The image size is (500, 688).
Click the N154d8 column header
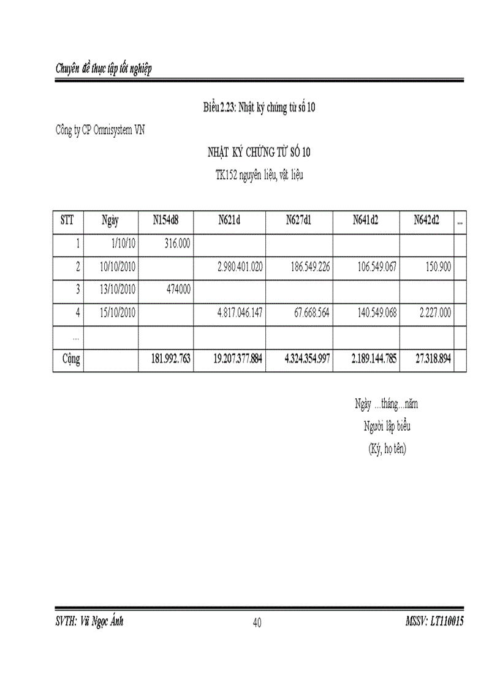[x=165, y=221]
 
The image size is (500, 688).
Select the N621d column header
[x=229, y=221]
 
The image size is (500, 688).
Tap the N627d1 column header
[x=299, y=221]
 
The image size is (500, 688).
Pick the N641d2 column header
[x=365, y=221]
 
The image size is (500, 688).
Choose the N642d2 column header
[x=426, y=221]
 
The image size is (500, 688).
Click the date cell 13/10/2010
[x=116, y=290]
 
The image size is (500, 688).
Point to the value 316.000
[x=178, y=244]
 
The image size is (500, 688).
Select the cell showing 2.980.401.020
[x=240, y=267]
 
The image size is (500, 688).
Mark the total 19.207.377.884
[x=238, y=359]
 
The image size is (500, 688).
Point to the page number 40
[x=257, y=623]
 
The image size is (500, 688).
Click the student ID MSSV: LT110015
[x=434, y=621]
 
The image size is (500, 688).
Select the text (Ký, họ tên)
[x=387, y=448]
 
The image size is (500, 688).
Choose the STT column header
[x=67, y=221]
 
